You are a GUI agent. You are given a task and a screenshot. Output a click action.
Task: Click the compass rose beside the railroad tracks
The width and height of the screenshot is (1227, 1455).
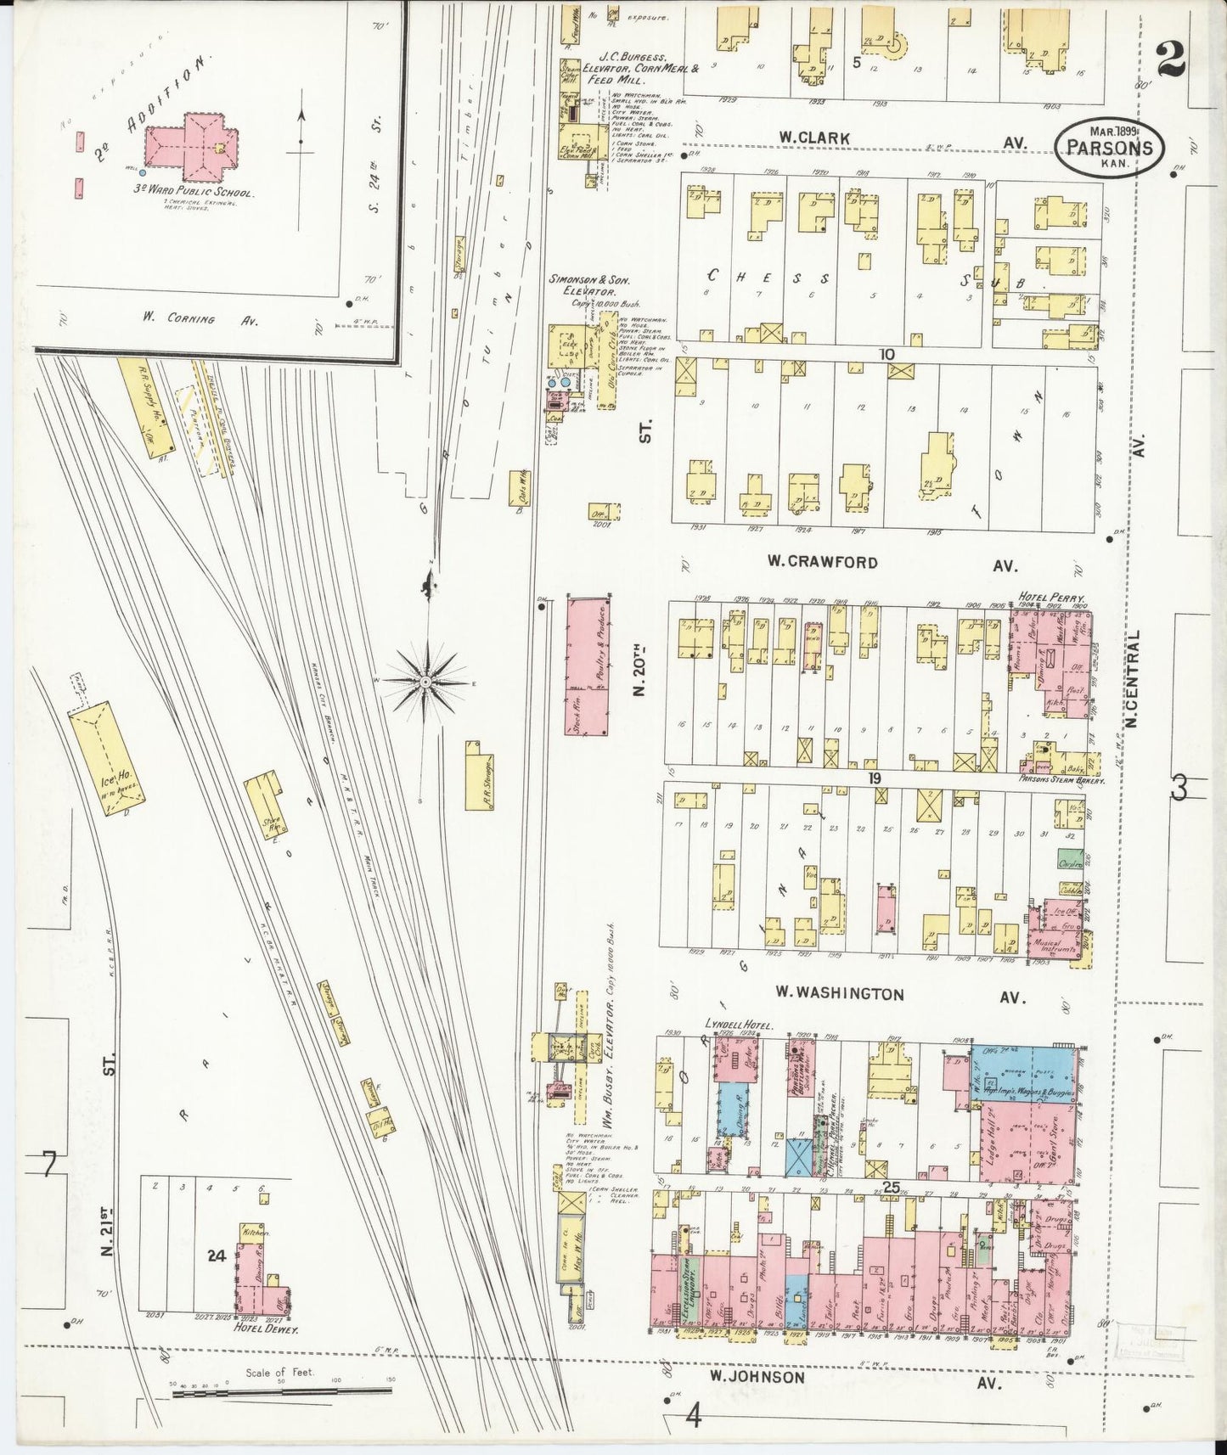click(425, 681)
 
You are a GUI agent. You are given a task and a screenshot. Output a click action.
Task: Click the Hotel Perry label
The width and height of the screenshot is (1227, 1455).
click(1046, 597)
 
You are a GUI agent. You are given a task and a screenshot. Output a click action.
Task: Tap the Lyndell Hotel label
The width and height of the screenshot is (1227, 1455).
click(737, 1025)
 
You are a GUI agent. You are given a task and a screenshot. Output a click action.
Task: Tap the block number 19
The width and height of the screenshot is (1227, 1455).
click(875, 778)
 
